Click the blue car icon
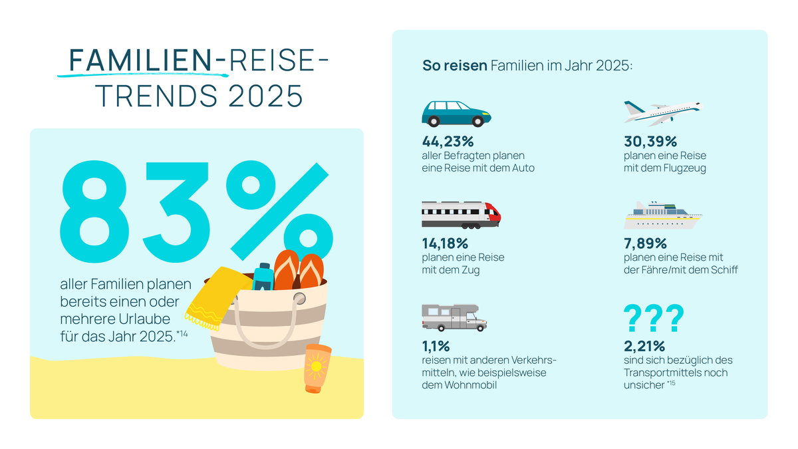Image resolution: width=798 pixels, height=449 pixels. coord(456,114)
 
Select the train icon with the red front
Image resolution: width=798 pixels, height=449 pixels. coord(462,215)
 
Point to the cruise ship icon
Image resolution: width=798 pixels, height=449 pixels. coord(663,216)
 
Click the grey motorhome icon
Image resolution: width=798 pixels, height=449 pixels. coord(454,317)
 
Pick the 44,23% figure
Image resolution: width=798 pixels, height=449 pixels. coord(448,142)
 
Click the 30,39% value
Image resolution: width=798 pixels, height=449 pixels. coord(650,142)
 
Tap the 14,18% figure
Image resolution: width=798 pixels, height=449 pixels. coord(445,243)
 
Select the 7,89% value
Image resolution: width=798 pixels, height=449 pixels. coord(645,243)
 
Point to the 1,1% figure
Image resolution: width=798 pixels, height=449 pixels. coord(436,346)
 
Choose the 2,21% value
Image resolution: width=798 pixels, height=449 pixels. coord(644,346)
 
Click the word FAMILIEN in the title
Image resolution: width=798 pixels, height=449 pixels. coord(141,61)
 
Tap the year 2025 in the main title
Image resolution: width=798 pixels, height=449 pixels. coord(265,96)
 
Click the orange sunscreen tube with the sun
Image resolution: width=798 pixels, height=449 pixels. coord(317,369)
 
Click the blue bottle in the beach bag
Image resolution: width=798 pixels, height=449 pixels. coord(263,277)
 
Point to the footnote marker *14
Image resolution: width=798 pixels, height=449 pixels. coord(182,334)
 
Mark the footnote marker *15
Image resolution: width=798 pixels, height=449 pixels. coord(671,383)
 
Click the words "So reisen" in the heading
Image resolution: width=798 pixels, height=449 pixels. coord(455,66)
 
